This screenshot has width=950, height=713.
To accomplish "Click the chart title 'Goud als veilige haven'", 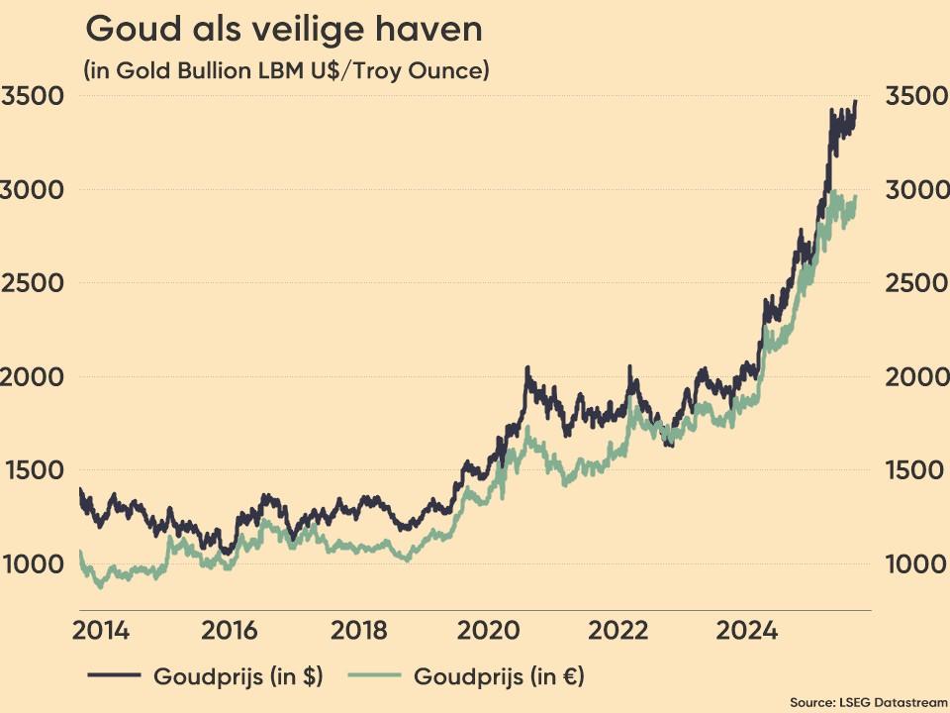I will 284,30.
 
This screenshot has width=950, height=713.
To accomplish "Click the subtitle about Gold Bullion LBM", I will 287,71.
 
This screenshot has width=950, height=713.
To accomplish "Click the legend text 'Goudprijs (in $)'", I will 237,677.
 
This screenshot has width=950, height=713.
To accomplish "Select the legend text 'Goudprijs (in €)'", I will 499,677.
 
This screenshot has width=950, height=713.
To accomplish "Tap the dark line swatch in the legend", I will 113,677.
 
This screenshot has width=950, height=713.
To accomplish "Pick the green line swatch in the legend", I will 374,677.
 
